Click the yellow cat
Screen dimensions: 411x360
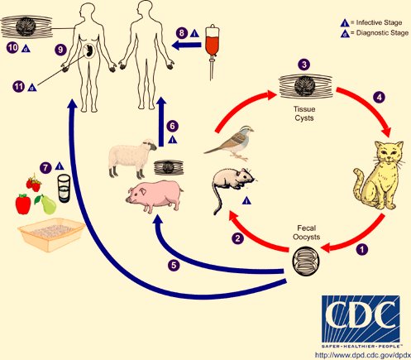click(x=379, y=176)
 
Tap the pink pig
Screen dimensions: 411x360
click(x=155, y=196)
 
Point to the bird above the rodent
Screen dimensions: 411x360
click(x=231, y=143)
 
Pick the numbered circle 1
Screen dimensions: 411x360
click(x=362, y=249)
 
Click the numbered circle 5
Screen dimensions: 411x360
click(x=174, y=266)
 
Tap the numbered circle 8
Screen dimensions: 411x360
click(x=182, y=33)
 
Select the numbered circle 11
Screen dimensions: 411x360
click(x=18, y=87)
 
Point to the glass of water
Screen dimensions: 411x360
click(x=64, y=189)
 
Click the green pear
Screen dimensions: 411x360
click(x=47, y=204)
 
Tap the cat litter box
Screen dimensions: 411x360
click(x=51, y=234)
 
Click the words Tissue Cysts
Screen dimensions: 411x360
click(x=304, y=113)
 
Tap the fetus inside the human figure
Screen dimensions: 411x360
click(x=89, y=50)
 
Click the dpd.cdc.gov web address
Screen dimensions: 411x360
click(x=362, y=354)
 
